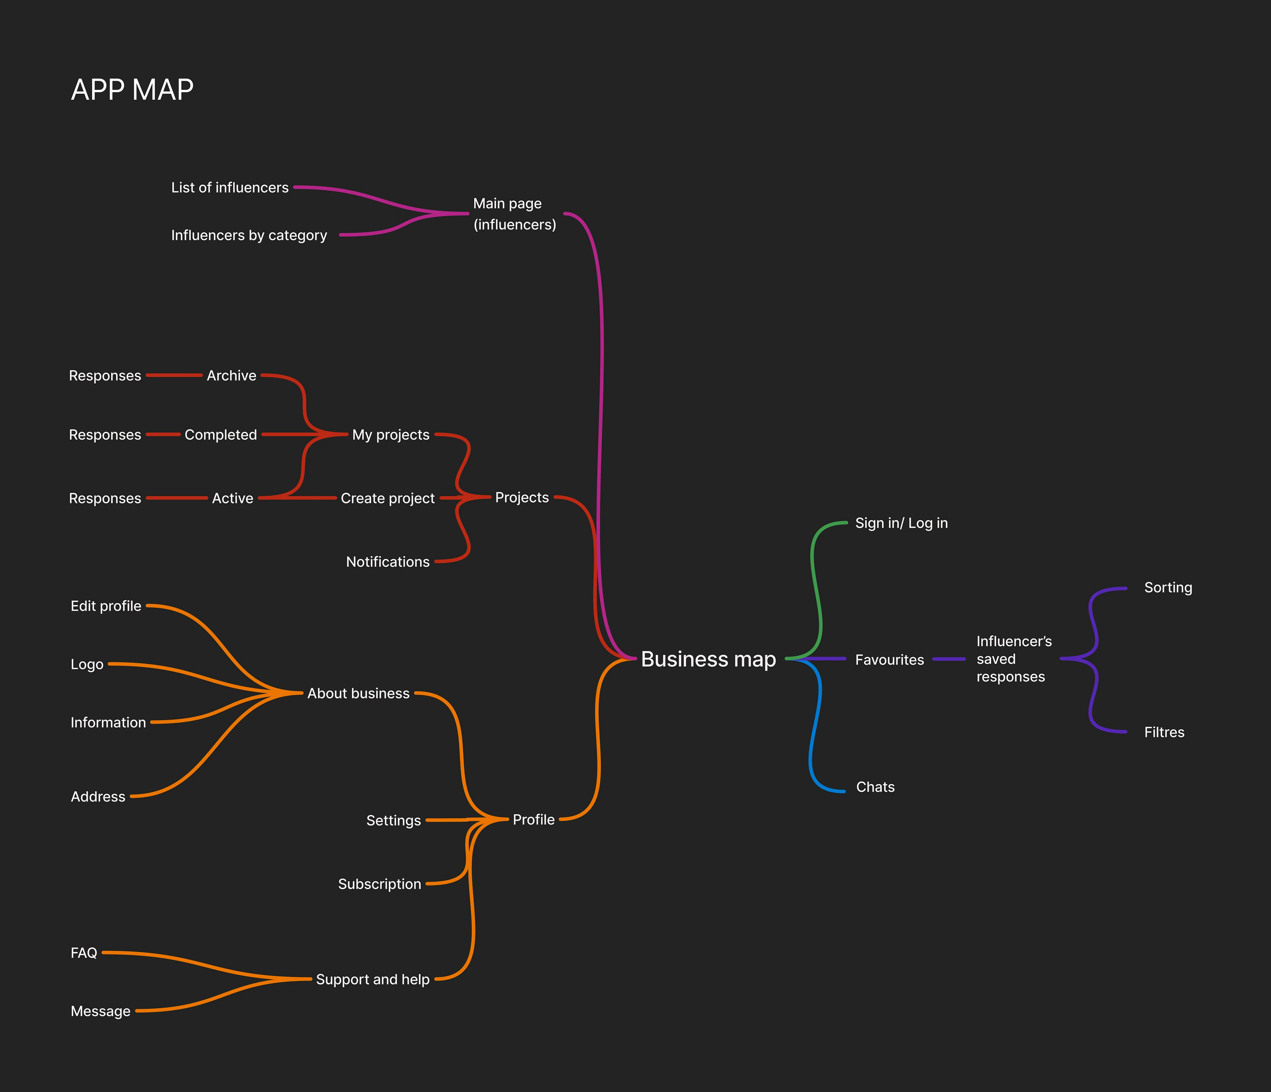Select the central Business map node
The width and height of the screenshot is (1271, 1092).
(709, 659)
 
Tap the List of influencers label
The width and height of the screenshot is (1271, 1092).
(230, 188)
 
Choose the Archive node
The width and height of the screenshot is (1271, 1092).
(231, 375)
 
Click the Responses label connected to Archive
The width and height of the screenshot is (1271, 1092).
(105, 375)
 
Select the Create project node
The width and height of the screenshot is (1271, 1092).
(387, 498)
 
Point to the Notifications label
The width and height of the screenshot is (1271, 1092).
(387, 562)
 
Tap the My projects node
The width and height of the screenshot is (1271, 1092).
(391, 435)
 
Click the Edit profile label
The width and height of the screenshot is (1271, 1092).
(106, 606)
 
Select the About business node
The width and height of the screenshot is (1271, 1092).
(358, 693)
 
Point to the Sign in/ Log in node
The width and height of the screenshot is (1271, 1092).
(901, 523)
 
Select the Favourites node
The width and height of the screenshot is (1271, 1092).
(889, 660)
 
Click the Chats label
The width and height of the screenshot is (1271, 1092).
(875, 787)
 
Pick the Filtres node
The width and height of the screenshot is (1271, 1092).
(1164, 733)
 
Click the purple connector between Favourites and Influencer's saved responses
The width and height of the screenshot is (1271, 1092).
(949, 659)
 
